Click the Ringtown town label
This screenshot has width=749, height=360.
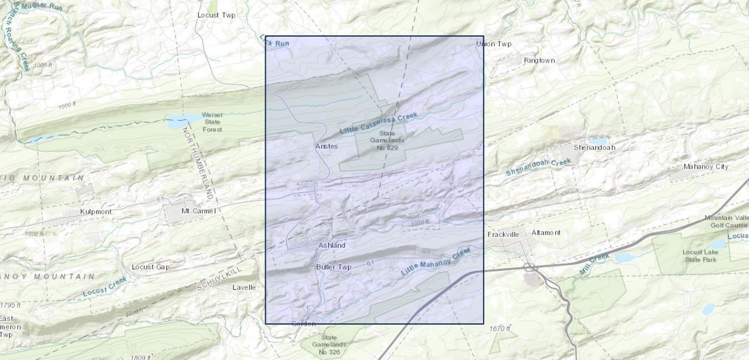(x=539, y=61)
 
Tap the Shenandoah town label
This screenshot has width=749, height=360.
(x=594, y=147)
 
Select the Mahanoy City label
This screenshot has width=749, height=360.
(x=706, y=166)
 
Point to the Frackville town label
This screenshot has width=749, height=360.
(x=502, y=234)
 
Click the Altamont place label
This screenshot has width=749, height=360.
(x=546, y=232)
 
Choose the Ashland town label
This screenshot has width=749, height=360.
(x=332, y=245)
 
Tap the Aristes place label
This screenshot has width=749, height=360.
(x=326, y=146)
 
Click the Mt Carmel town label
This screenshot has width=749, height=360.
(x=199, y=211)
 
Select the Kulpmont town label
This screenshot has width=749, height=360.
(x=97, y=212)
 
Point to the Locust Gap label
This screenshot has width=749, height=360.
(x=151, y=267)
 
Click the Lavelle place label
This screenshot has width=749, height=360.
(x=244, y=287)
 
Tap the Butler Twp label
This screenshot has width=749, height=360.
(x=333, y=267)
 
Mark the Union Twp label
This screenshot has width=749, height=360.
(x=493, y=44)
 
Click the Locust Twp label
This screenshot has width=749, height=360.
(x=217, y=15)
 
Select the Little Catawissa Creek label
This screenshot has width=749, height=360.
(x=378, y=123)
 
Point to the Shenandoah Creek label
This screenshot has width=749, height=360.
(x=538, y=167)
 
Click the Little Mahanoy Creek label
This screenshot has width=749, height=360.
(x=436, y=262)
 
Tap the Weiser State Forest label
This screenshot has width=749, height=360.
(x=212, y=122)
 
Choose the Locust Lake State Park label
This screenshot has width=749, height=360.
(x=699, y=256)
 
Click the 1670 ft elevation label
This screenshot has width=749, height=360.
(x=499, y=328)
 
